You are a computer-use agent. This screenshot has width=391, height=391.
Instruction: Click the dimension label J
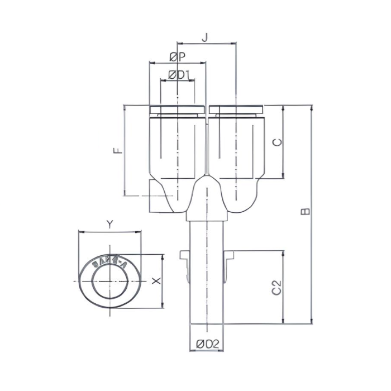pyautogui.click(x=205, y=37)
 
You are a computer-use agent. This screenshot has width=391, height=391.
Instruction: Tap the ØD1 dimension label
pyautogui.click(x=179, y=74)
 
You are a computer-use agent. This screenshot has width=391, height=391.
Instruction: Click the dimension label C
pyautogui.click(x=277, y=142)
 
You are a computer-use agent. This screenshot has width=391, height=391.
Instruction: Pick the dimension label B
pyautogui.click(x=305, y=212)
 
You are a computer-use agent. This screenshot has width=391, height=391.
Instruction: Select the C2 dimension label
pyautogui.click(x=276, y=288)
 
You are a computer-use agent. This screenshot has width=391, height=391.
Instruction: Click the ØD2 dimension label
pyautogui.click(x=207, y=345)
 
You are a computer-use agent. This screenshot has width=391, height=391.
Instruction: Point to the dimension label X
pyautogui.click(x=156, y=281)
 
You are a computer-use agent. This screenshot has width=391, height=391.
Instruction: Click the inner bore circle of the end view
pyautogui.click(x=109, y=281)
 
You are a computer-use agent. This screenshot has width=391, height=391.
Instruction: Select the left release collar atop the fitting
pyautogui.click(x=177, y=109)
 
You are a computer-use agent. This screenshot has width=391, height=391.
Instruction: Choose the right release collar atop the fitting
pyautogui.click(x=236, y=109)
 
